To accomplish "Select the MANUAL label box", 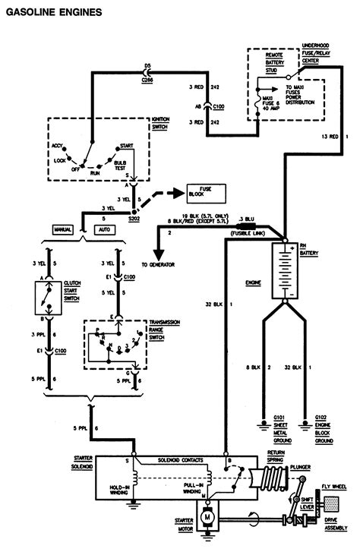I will [62, 229].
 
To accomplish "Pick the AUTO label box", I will [105, 229].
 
